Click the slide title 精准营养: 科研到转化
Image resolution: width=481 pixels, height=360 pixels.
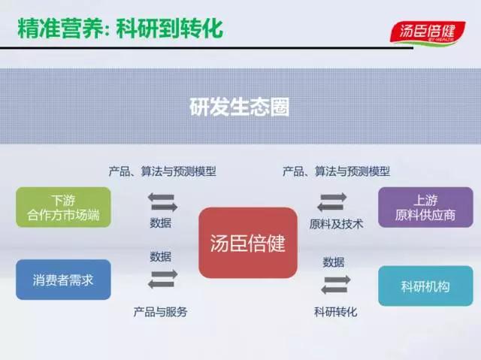click(120, 29)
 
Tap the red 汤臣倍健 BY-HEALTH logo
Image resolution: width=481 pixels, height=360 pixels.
click(428, 32)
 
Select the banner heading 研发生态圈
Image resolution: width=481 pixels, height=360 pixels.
click(239, 107)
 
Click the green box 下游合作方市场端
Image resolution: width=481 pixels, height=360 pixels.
click(63, 207)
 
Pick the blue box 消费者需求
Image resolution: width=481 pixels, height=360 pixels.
click(63, 280)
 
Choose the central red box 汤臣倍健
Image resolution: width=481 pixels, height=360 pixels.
click(248, 243)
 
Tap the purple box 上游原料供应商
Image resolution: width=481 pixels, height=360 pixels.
click(425, 207)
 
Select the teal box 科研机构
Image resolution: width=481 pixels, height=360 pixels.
click(425, 286)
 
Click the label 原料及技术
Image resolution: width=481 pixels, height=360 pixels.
click(336, 224)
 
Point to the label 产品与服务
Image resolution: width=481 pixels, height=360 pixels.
click(160, 312)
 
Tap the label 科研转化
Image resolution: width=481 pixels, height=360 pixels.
click(336, 312)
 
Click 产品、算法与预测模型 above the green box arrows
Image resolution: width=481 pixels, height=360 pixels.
click(162, 171)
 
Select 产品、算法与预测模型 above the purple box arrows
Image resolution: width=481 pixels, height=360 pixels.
click(336, 171)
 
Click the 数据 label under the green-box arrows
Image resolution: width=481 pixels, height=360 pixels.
click(160, 223)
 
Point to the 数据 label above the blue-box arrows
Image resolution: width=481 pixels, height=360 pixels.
click(160, 256)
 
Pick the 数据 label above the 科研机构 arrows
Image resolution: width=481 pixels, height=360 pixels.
click(334, 262)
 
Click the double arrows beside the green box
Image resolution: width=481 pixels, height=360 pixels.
click(162, 202)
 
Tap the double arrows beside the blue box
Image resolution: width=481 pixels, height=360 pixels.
click(162, 279)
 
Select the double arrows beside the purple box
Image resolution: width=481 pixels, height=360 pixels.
click(332, 202)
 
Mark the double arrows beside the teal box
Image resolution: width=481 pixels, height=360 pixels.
click(336, 285)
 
